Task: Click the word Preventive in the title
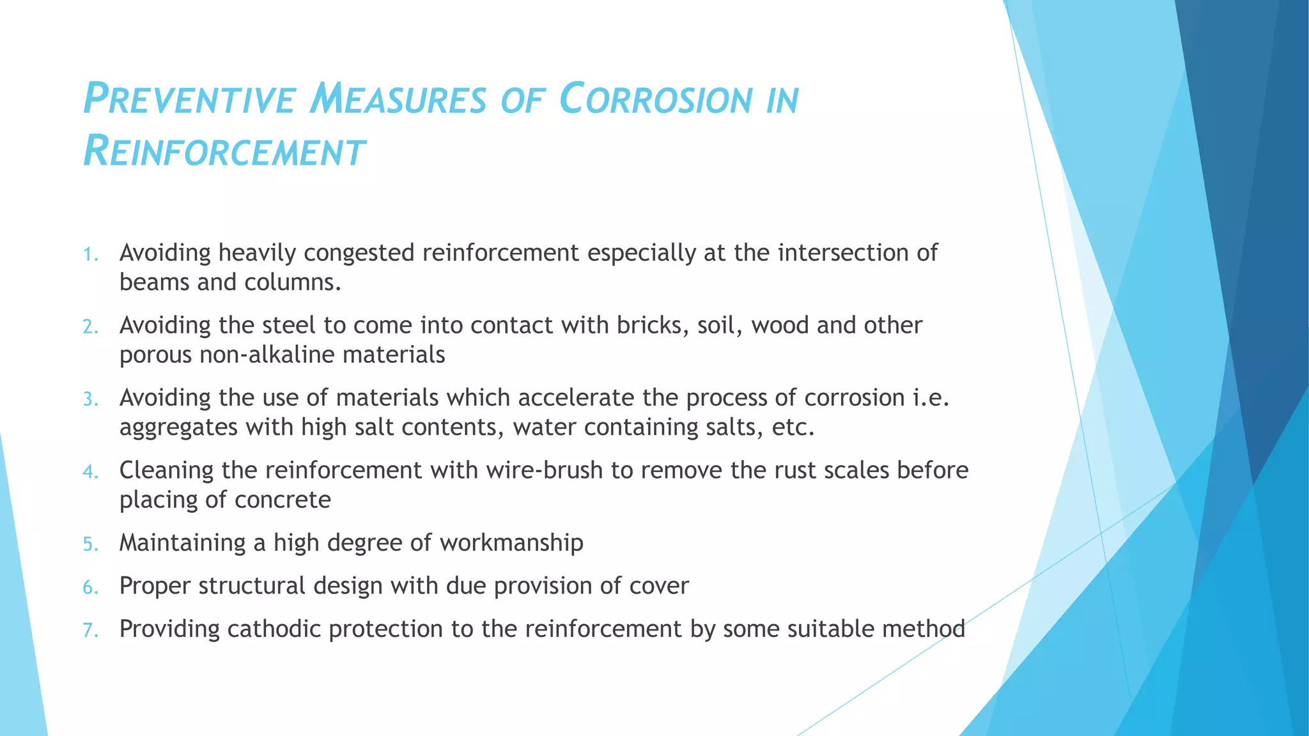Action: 190,100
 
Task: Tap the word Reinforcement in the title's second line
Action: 224,152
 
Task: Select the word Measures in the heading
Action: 398,100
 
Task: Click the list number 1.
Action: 90,255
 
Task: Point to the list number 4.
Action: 90,472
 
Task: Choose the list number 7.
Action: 90,631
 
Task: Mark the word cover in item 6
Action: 659,586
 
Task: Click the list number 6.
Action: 90,588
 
